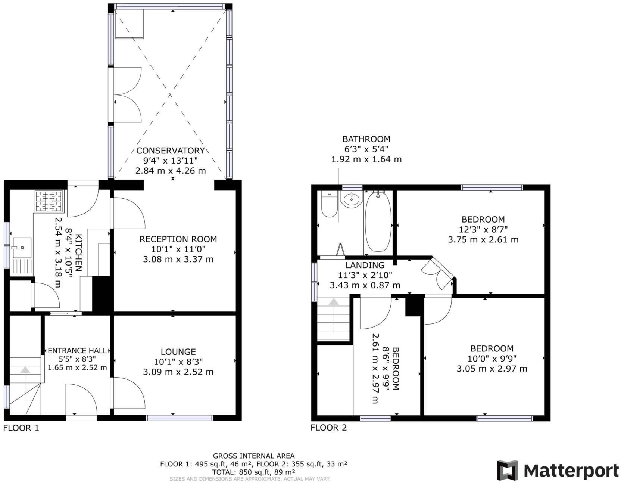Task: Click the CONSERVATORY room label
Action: (171, 151)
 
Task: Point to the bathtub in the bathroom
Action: (378, 221)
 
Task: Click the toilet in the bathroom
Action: (329, 205)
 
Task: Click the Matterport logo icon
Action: (508, 470)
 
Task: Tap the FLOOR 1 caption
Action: (21, 428)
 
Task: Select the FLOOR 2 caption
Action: (329, 428)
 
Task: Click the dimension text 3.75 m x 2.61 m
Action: (483, 239)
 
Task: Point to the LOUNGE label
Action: (178, 352)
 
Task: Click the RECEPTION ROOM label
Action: (178, 239)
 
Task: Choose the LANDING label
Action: (365, 265)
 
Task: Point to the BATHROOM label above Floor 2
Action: (366, 139)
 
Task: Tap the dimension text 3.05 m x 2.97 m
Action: (492, 369)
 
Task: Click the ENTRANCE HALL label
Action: (77, 351)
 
